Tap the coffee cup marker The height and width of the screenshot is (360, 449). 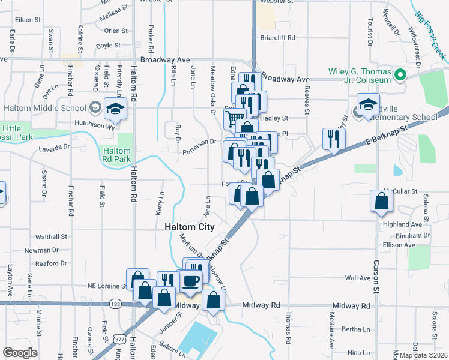191,281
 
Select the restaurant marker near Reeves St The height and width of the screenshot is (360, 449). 331,139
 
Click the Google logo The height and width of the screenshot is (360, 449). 20,353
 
